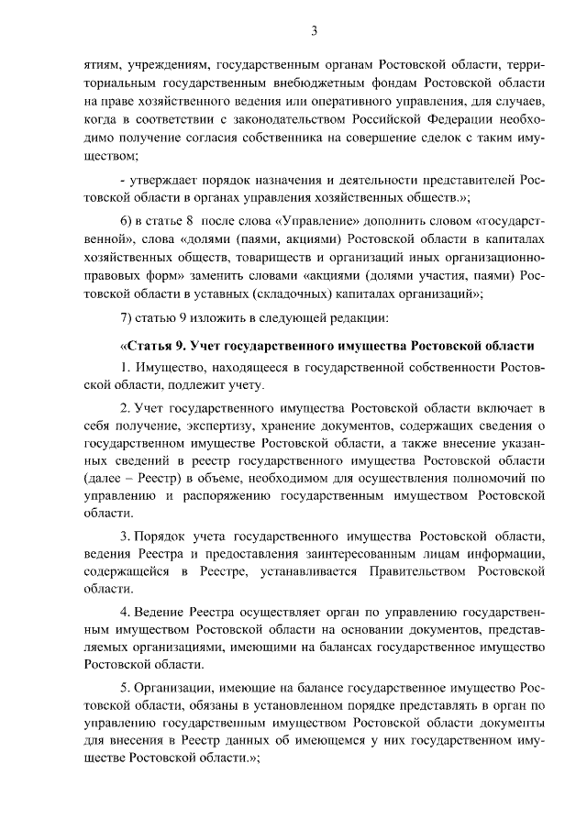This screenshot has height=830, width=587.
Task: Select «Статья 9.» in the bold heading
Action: point(151,349)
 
